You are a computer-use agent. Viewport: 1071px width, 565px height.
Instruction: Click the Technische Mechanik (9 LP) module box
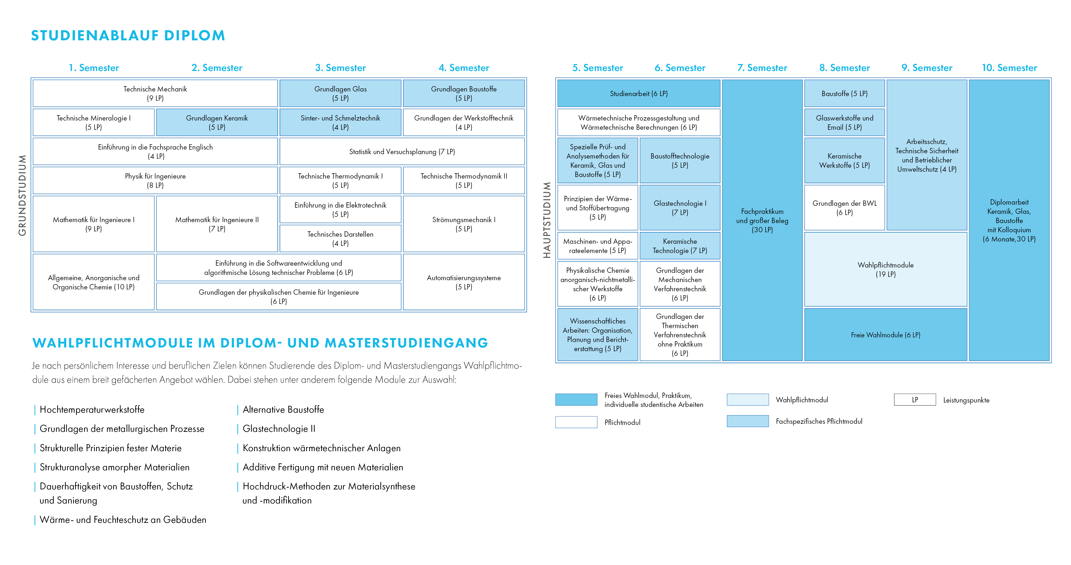(155, 94)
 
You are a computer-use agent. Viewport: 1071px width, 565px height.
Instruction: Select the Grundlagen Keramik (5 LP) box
(217, 123)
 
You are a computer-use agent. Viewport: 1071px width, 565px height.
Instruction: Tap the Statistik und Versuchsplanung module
(402, 152)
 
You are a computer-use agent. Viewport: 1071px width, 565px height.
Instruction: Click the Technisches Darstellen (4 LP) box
(340, 238)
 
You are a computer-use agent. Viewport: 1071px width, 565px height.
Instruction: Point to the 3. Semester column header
(340, 68)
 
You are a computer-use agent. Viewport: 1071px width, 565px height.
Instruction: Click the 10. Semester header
(1009, 68)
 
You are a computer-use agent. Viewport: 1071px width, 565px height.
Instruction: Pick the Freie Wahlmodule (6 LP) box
(886, 335)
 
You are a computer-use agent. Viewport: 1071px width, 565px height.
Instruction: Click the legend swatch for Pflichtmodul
(576, 422)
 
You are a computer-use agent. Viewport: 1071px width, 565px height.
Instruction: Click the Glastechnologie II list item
(279, 429)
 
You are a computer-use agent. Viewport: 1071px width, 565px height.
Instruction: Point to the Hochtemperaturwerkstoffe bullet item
(92, 410)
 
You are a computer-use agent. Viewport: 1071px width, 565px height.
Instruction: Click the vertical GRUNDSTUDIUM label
(22, 195)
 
